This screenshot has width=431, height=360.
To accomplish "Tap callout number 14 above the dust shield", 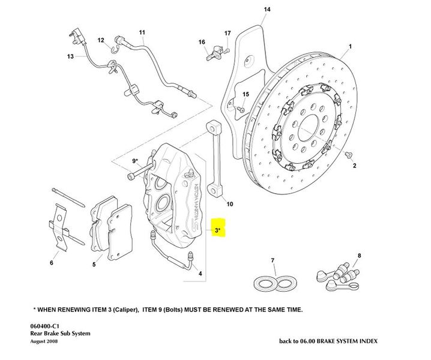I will [267, 10].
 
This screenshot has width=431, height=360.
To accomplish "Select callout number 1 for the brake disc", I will [350, 46].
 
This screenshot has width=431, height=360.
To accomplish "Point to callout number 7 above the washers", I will [273, 260].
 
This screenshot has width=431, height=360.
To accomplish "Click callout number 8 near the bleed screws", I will [360, 256].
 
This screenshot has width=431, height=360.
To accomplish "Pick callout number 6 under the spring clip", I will [51, 263].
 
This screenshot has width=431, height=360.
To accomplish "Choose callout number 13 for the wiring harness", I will [70, 56].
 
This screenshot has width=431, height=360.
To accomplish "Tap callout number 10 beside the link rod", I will [230, 204].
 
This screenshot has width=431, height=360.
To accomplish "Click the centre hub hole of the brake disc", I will [309, 128].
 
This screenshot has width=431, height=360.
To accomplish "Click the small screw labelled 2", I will [348, 155].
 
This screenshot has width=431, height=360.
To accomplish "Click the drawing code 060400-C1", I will [47, 326].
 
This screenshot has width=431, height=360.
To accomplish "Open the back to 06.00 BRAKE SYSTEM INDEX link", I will [328, 341].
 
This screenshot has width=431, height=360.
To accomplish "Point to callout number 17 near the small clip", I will [228, 32].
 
